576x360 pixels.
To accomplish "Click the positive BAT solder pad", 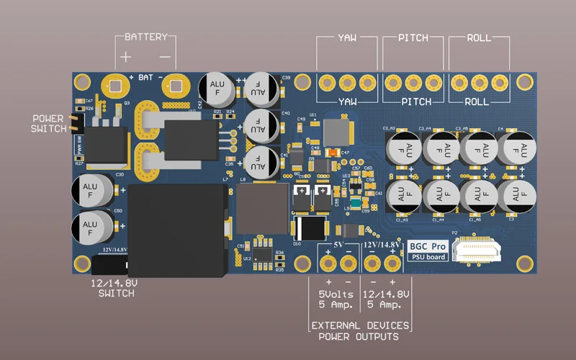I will (112, 85).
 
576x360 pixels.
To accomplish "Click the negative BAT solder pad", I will (174, 85).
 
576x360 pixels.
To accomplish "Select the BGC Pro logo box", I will (428, 249).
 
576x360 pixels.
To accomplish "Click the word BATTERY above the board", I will (145, 37).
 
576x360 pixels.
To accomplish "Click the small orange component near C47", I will (333, 153).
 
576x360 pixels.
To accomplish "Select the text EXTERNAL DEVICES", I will (360, 326).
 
